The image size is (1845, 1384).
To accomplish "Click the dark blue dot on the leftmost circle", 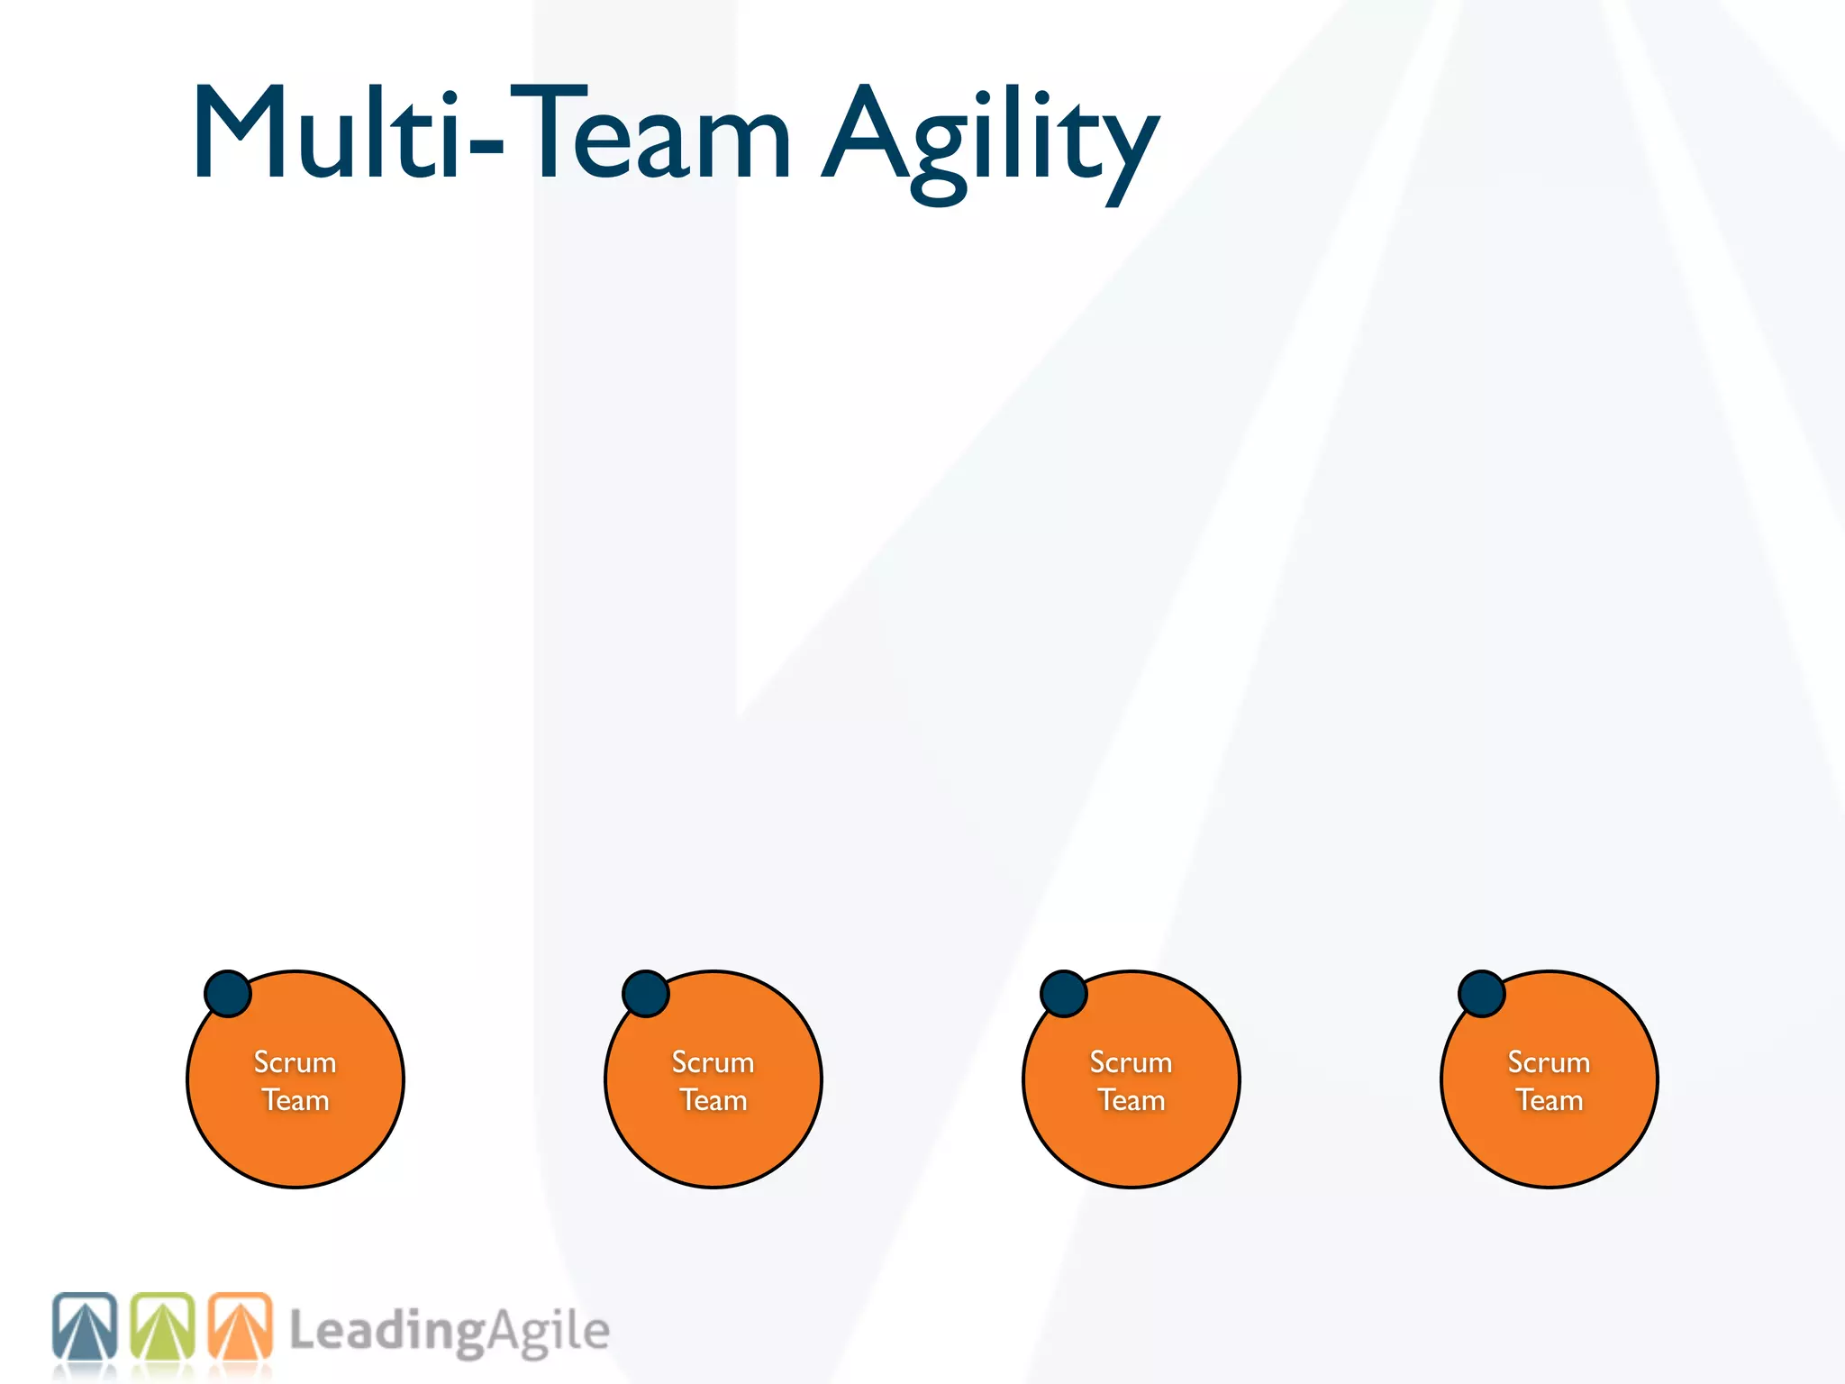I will pos(228,994).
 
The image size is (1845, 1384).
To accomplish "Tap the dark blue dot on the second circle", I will pos(646,994).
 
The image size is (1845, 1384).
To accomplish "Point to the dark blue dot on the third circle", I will pos(1064,994).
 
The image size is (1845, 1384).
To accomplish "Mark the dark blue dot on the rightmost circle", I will pos(1482,994).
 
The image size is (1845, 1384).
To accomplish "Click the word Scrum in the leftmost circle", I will pos(295,1062).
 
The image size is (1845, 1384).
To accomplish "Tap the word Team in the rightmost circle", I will pos(1550,1100).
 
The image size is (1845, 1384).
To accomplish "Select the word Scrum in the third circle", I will pos(1132,1062).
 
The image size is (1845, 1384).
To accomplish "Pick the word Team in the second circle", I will pos(713,1100).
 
